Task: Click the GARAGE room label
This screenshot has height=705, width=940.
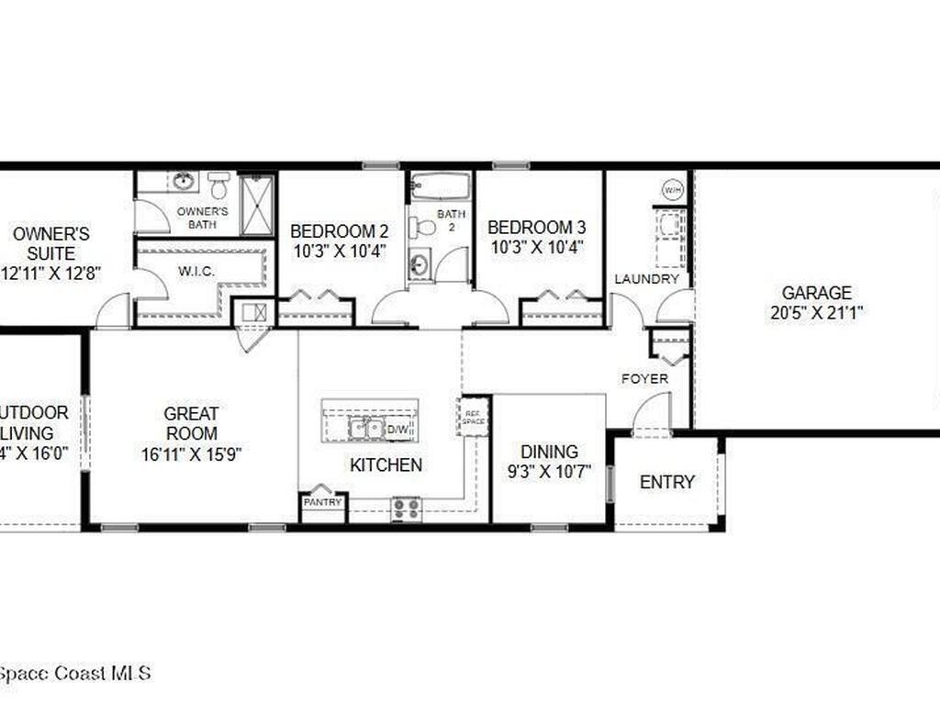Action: (x=816, y=293)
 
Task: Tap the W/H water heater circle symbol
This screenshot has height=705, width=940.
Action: (x=672, y=190)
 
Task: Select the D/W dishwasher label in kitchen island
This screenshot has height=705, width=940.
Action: (x=398, y=429)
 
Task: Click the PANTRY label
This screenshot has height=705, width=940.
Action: (x=323, y=502)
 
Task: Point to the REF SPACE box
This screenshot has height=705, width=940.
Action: (x=474, y=416)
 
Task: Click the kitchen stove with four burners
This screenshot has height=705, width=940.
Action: (x=407, y=508)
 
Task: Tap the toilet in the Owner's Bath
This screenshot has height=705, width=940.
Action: (x=218, y=185)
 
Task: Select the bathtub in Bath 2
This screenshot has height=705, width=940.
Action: (x=440, y=186)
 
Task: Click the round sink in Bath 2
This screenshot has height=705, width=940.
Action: (x=419, y=265)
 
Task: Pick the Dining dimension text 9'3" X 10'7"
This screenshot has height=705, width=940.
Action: (x=549, y=472)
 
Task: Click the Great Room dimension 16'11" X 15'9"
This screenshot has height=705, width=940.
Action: (x=191, y=453)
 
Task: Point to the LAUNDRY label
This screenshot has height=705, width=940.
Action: (x=646, y=279)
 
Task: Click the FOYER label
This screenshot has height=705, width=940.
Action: (x=644, y=378)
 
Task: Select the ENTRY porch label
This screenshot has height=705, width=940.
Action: (x=667, y=482)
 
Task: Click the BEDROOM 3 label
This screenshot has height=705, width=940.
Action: (x=536, y=227)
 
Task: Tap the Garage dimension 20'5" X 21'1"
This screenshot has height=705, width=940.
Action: (x=816, y=312)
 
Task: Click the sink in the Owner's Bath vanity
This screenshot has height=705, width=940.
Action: (x=183, y=181)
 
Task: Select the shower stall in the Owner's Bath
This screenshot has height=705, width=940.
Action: (x=256, y=203)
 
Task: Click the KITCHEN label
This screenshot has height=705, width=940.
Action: (x=386, y=465)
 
